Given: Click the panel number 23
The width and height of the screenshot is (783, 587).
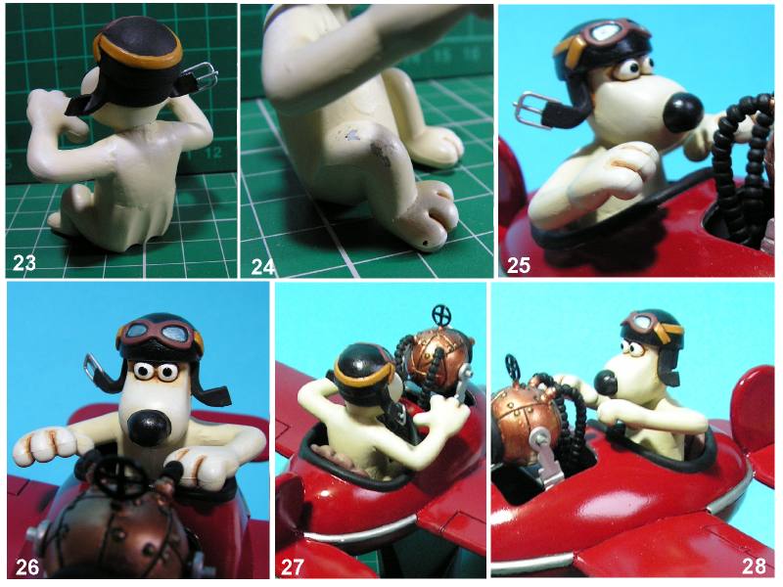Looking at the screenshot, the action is pyautogui.click(x=24, y=262).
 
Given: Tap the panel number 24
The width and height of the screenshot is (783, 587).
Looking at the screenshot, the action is pyautogui.click(x=262, y=267).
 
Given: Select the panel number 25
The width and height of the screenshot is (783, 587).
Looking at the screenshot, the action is pyautogui.click(x=519, y=265).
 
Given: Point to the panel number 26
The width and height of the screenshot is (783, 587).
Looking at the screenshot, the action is pyautogui.click(x=27, y=567).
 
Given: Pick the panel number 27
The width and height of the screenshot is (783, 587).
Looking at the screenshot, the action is pyautogui.click(x=292, y=567).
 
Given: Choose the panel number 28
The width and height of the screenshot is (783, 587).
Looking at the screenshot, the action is pyautogui.click(x=754, y=566).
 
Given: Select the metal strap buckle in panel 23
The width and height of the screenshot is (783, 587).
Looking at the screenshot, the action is pyautogui.click(x=204, y=78).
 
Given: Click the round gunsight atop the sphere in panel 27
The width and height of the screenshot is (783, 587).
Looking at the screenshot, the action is pyautogui.click(x=441, y=314).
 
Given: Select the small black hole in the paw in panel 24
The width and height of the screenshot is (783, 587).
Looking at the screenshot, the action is pyautogui.click(x=425, y=244).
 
